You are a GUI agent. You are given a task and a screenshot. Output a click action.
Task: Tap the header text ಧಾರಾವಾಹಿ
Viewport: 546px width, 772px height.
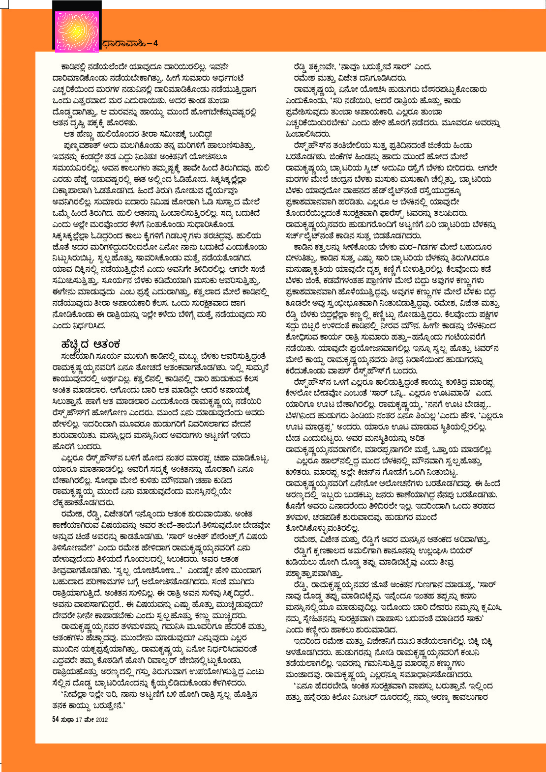[x=124, y=43]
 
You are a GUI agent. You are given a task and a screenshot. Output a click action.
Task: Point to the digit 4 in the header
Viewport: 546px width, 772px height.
[x=155, y=43]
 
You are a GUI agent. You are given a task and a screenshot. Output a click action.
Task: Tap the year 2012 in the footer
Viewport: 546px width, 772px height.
[x=101, y=719]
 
